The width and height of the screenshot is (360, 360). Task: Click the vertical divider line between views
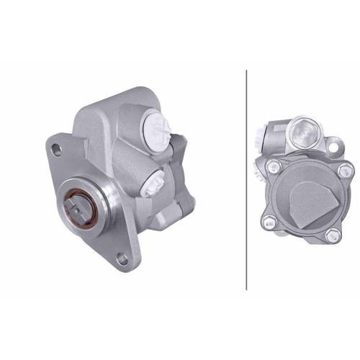coord(246,180)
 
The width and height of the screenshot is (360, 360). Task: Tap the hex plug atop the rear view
coord(305,132)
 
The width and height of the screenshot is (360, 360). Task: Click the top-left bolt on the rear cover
coord(273,168)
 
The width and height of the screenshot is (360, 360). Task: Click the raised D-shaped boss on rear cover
coord(310,202)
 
